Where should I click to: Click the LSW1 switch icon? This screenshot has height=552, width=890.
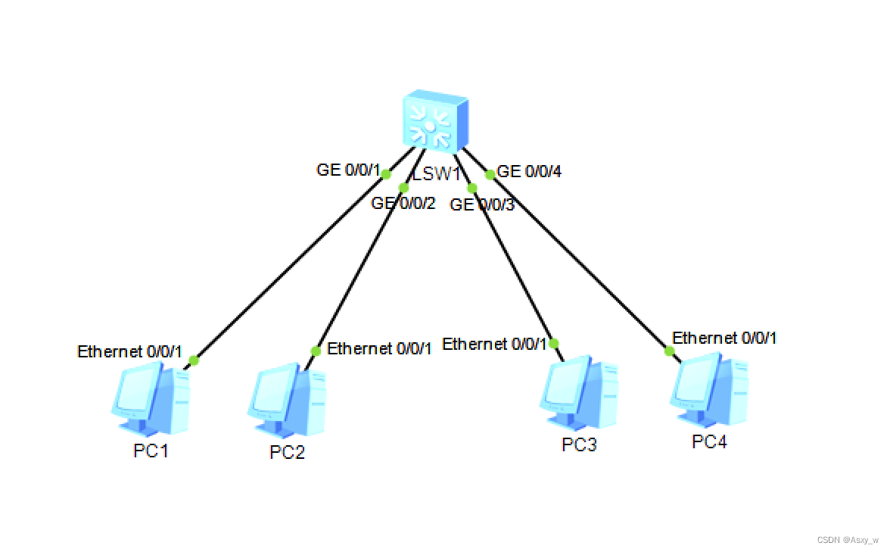434,120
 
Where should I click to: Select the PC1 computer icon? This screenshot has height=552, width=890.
151,398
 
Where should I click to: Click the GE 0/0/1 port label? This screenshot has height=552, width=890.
348,170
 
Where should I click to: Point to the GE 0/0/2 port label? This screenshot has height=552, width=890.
403,203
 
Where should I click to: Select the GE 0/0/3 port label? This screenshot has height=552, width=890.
482,204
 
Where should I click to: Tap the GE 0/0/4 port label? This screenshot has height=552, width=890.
529,172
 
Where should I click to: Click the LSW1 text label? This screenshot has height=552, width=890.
437,174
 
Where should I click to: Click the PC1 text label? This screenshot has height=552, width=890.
151,451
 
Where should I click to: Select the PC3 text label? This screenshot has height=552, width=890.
579,445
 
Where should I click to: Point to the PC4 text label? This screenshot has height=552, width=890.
709,442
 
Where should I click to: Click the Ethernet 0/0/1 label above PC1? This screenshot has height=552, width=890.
130,351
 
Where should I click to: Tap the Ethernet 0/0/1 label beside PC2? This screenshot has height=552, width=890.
379,349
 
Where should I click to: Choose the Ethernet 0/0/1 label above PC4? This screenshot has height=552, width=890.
724,338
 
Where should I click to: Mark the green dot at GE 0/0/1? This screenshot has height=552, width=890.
386,174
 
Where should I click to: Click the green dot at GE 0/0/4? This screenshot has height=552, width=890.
490,175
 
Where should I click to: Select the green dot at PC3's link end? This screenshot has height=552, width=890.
554,343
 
